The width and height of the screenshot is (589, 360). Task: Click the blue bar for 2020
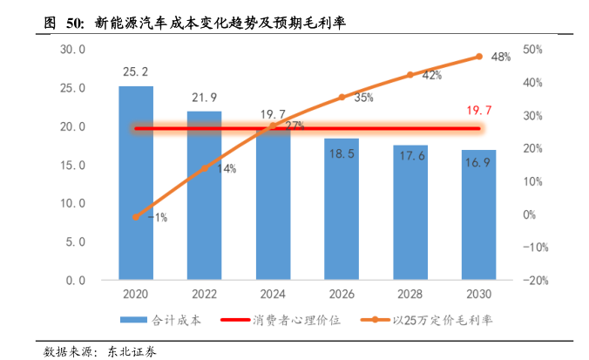pos(135,183)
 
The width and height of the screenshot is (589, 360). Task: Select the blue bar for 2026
pos(342,209)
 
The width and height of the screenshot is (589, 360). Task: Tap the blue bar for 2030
pos(478,214)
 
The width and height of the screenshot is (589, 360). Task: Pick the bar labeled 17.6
pos(410,212)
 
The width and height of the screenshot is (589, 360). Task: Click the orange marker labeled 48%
pos(478,57)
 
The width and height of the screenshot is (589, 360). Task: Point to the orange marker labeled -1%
pos(136,216)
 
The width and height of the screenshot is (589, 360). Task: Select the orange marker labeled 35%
pos(342,98)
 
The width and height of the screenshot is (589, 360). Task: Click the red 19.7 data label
pos(479,111)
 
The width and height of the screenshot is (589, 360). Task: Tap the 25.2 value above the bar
pos(135,71)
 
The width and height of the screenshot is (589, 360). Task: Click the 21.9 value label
pos(204,97)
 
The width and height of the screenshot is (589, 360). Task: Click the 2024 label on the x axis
pos(273,295)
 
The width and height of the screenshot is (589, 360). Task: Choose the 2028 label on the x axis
pos(410,295)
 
